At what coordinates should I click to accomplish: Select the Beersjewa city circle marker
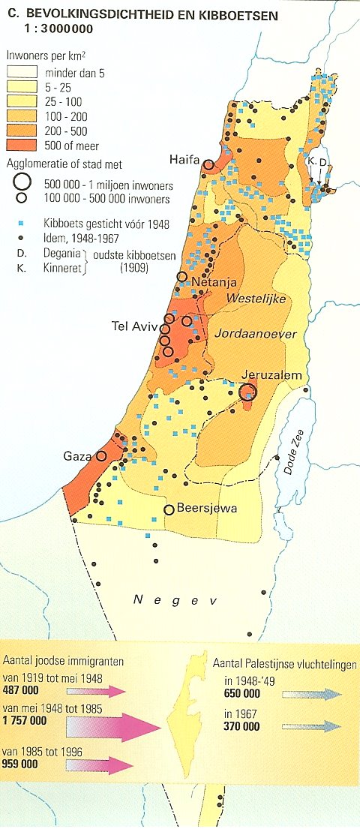(x=169, y=510)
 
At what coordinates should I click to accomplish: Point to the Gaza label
(x=77, y=456)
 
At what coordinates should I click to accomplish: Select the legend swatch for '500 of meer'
(x=22, y=146)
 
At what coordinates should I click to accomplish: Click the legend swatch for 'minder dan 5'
(x=22, y=73)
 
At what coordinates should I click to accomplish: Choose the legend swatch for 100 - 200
(x=22, y=116)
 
